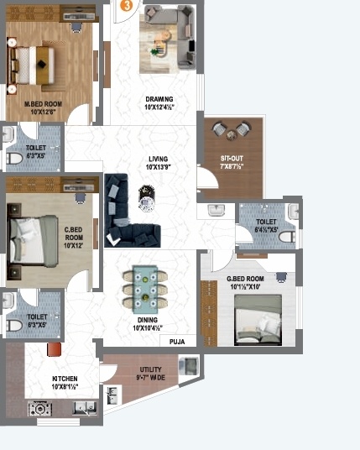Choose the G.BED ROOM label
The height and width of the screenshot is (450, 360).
click(x=245, y=283)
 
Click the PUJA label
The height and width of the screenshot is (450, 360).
click(x=177, y=342)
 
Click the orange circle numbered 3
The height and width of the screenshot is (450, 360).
click(x=125, y=4)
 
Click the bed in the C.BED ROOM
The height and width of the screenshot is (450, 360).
click(x=28, y=236)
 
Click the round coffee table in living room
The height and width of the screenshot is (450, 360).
click(x=149, y=200)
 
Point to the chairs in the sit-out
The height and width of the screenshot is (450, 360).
click(x=232, y=130)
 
